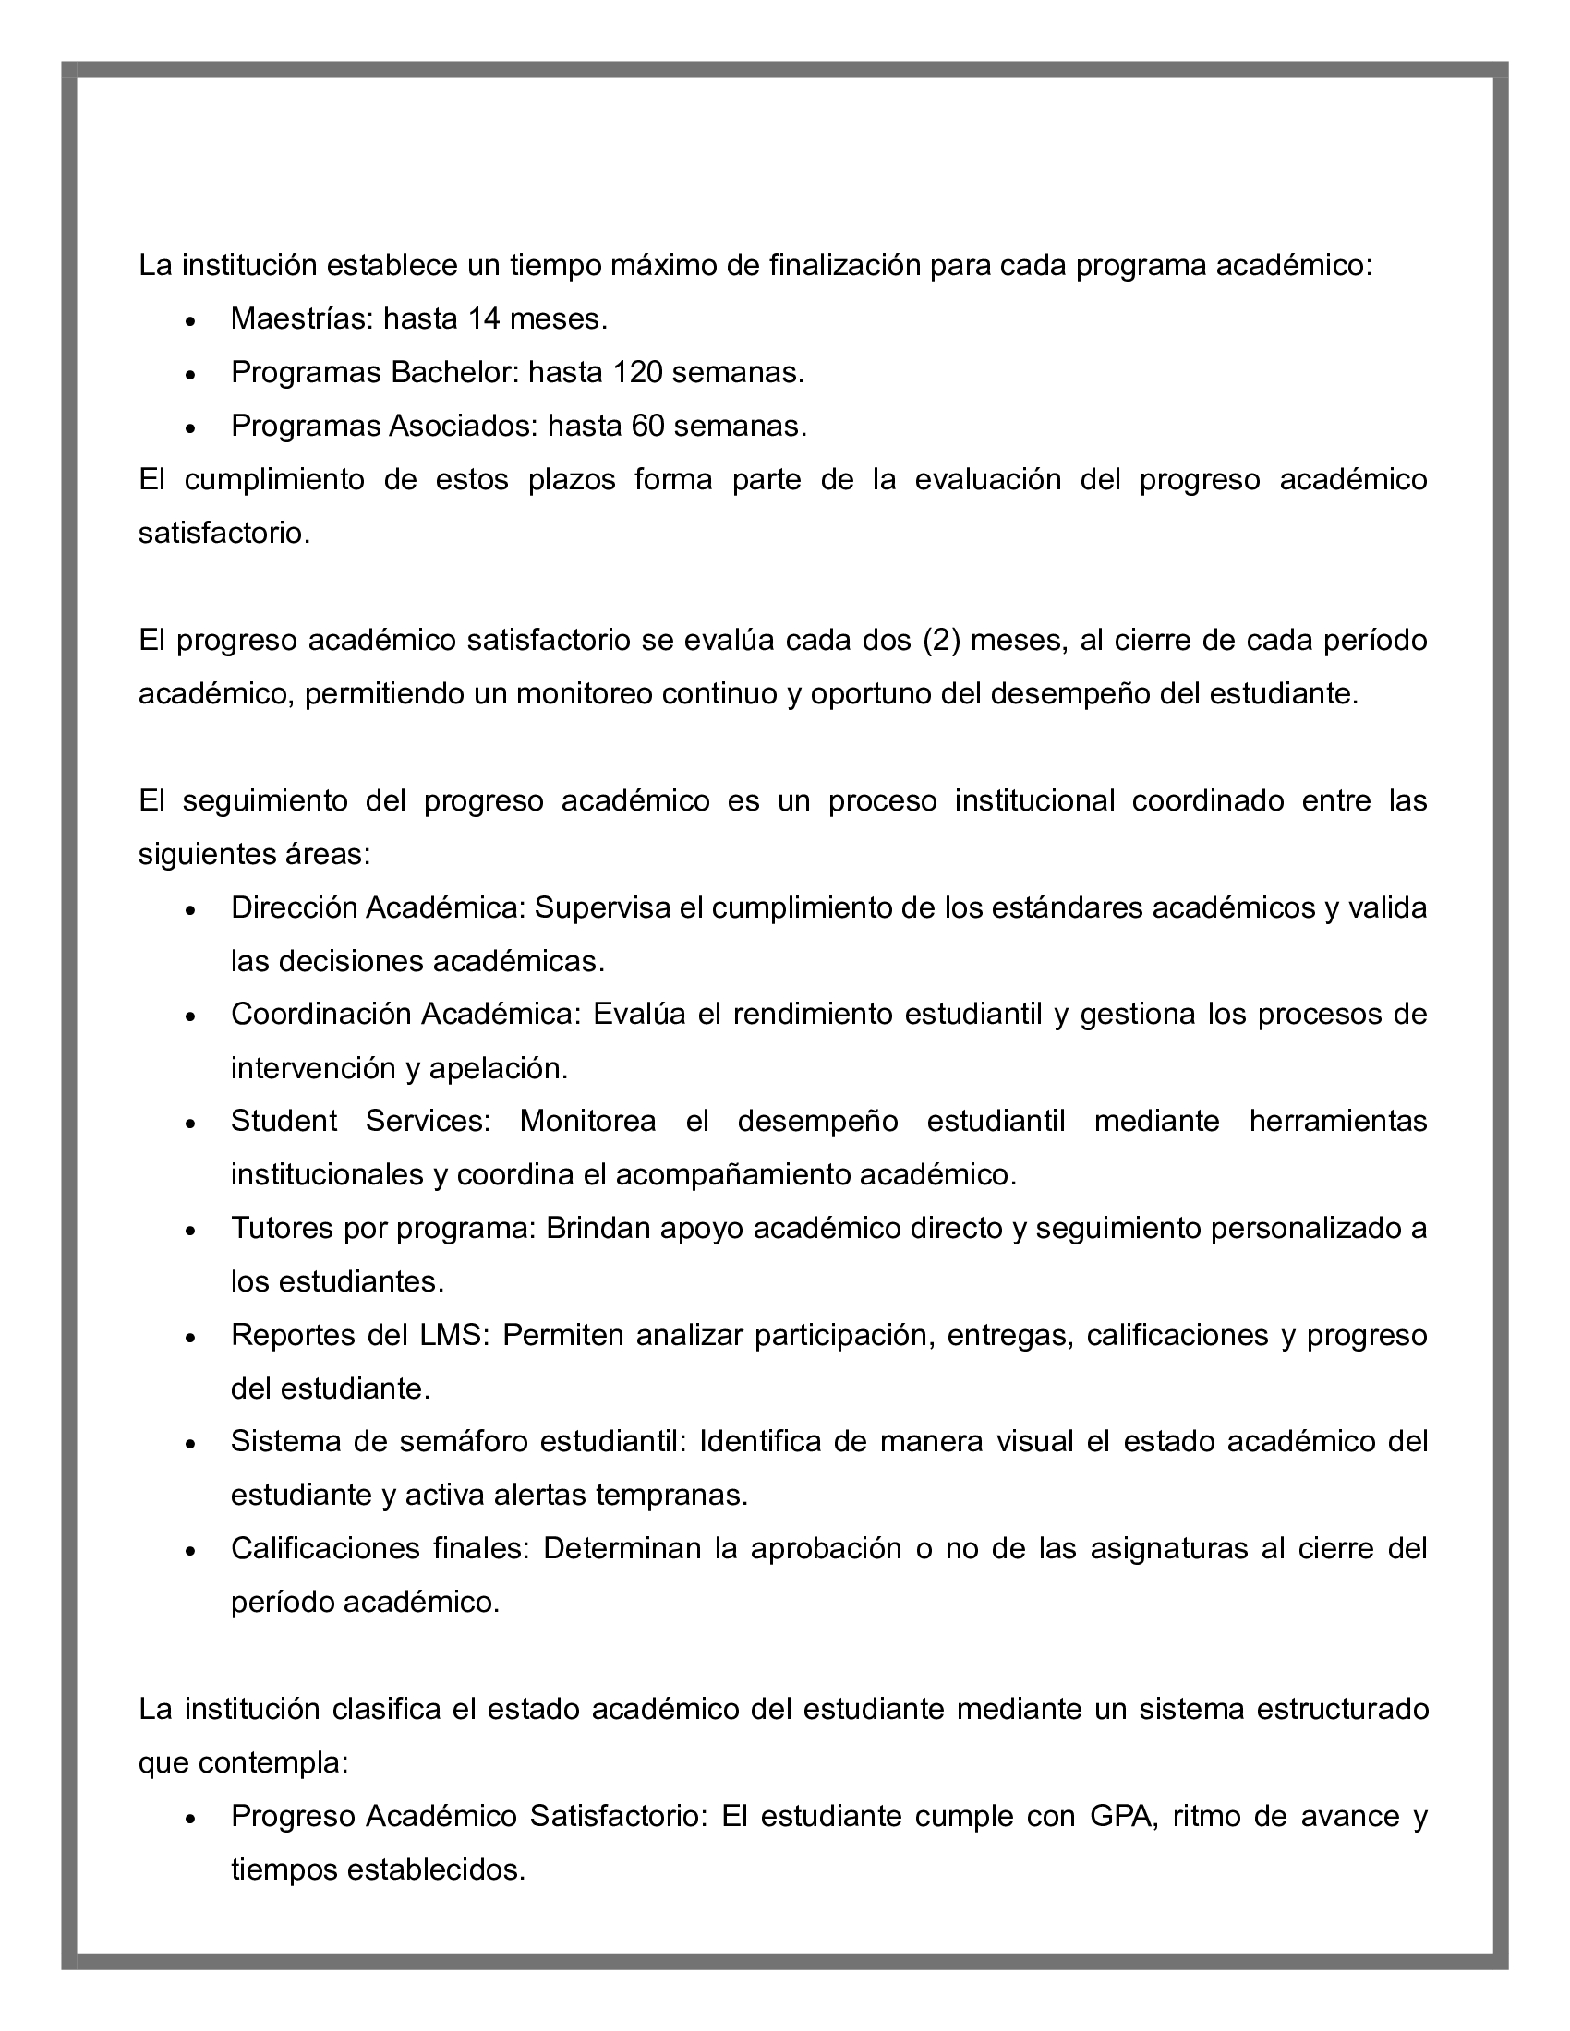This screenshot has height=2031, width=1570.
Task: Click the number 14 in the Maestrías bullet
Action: click(485, 319)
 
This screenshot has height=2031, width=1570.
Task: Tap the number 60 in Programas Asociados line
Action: click(647, 426)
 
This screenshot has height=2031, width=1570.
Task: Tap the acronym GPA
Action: click(1123, 1816)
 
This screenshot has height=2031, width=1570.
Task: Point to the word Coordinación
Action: click(320, 1014)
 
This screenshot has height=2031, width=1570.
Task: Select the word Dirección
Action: click(293, 907)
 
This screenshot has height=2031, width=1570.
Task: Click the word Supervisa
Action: click(603, 907)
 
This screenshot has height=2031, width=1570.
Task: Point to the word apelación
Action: click(499, 1068)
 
